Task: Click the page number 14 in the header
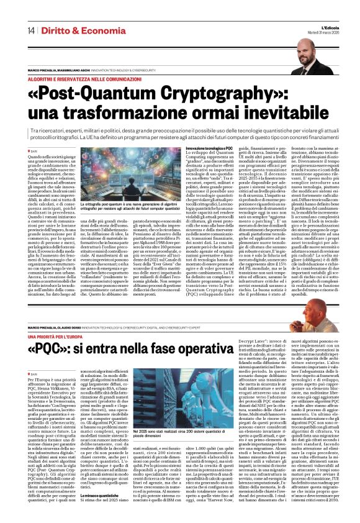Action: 30,31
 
